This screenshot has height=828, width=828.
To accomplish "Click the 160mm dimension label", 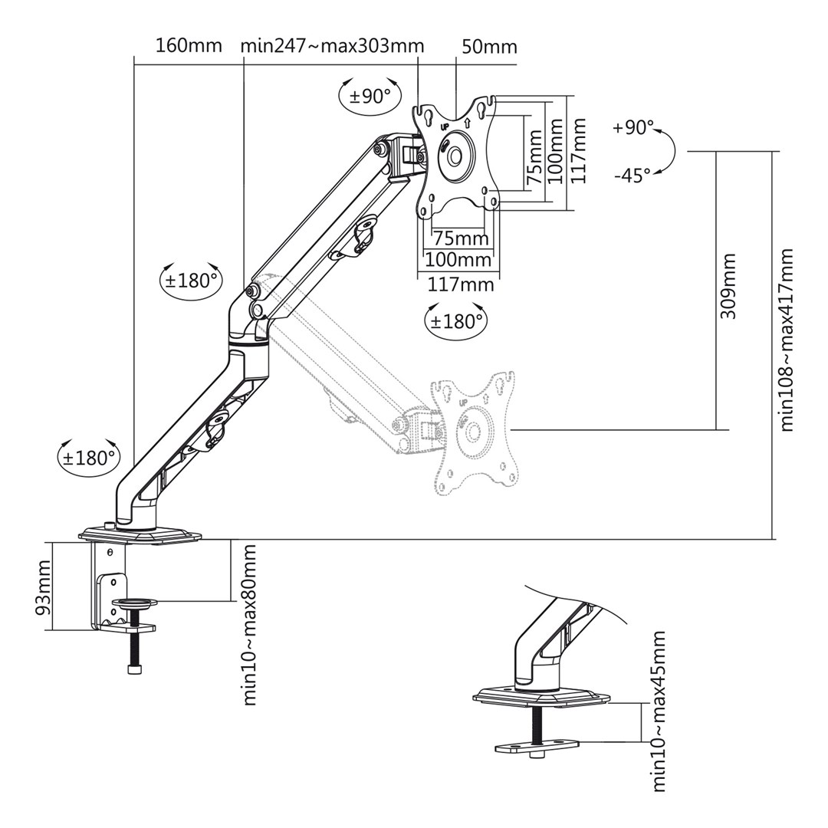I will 189,45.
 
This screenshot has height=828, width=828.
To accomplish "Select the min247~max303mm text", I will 332,45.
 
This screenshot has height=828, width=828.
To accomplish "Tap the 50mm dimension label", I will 489,47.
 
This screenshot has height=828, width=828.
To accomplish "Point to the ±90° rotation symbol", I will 370,96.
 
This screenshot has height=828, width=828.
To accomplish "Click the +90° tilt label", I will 633,127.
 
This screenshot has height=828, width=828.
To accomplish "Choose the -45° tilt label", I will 632,176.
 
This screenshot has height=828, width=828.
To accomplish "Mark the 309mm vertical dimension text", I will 728,286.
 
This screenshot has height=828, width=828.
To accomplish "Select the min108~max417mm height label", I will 787,340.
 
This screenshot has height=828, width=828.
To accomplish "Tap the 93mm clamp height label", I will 44,586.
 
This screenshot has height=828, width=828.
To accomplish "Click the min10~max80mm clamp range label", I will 249,625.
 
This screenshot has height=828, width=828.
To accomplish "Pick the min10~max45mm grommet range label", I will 659,711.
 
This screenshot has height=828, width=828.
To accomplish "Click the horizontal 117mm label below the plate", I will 460,284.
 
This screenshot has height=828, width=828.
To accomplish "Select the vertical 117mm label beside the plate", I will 579,150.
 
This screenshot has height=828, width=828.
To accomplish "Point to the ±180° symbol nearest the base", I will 90,458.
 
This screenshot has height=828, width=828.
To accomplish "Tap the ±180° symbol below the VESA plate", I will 456,320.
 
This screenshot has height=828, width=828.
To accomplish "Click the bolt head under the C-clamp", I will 135,669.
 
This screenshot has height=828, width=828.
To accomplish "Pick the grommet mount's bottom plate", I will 537,745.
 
